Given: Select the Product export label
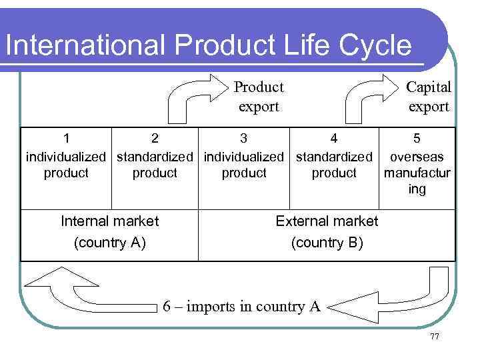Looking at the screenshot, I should point(259,97).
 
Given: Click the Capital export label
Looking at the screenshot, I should point(429,97).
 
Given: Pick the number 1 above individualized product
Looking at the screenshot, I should point(66,139).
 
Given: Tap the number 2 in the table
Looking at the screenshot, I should point(155,139).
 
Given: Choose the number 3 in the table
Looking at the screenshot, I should point(244,139).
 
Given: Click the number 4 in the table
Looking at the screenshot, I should point(334,139).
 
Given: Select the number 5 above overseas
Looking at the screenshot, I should point(417,139).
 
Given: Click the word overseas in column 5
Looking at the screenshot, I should point(417,157).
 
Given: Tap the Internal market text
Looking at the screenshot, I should point(110,221).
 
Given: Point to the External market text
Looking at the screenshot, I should point(327,221).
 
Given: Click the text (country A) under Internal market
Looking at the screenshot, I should point(110,242).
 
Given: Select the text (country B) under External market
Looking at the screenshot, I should point(327,242).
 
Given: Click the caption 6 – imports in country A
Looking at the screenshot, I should point(242,307).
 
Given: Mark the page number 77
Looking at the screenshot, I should point(435,337).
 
